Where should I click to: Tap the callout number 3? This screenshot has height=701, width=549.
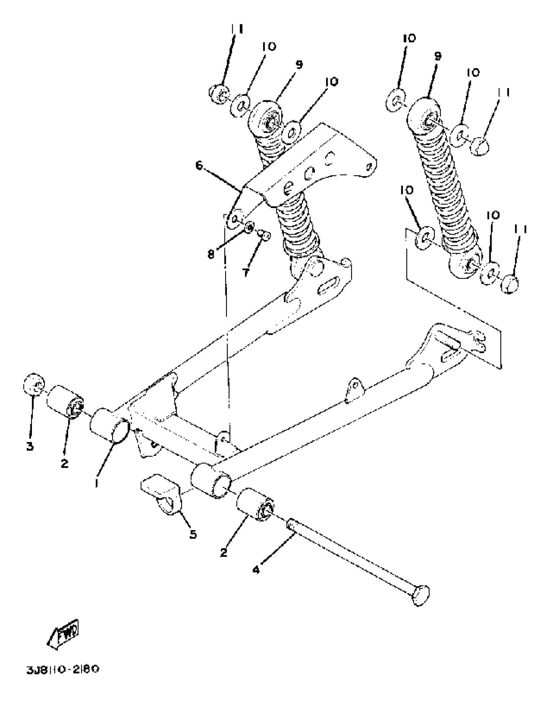(x=30, y=446)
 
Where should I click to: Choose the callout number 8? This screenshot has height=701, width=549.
(x=211, y=255)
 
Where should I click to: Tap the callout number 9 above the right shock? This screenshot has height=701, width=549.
(x=437, y=57)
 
